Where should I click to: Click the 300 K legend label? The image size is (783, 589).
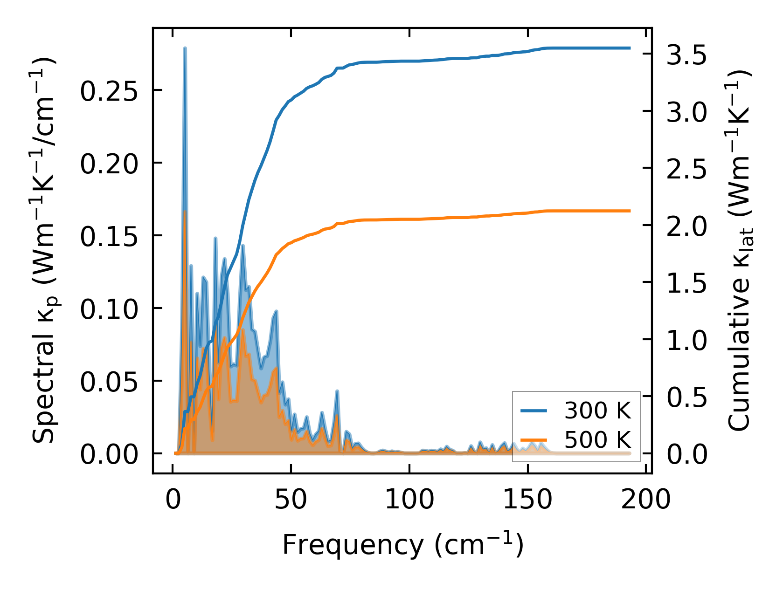coord(597,411)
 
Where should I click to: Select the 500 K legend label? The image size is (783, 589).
coord(597,439)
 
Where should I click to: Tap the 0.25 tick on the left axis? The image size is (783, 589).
coord(109,90)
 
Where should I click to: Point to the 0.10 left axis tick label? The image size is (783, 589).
coord(109,308)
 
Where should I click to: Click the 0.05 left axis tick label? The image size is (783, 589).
coord(109,381)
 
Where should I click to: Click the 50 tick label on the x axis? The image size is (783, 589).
coord(291,500)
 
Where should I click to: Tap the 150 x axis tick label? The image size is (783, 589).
coord(527,500)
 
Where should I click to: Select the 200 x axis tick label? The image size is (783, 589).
coord(646,500)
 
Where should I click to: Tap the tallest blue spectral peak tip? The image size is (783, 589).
coord(185,48)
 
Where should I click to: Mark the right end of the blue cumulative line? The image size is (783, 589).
coord(630,48)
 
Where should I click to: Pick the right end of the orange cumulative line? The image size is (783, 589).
coord(630,211)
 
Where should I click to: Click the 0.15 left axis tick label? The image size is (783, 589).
coord(109,236)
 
